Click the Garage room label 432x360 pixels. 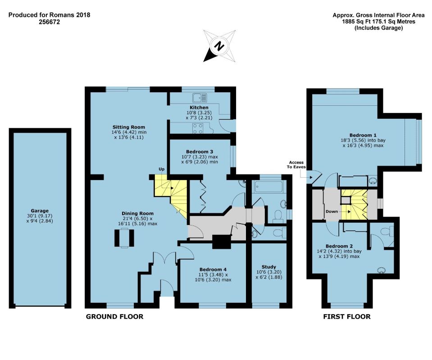tap(40, 211)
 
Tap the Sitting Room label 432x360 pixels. tap(129, 127)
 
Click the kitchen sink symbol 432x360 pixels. tap(200, 98)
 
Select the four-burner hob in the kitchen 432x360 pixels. tap(198, 129)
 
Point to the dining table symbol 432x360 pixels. tap(124, 238)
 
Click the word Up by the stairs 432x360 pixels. tap(161, 169)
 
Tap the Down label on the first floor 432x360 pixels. tap(332, 211)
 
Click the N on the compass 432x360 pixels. tap(219, 46)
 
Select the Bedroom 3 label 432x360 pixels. tap(200, 152)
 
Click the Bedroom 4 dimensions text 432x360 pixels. tap(213, 277)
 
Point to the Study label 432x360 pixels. tap(269, 267)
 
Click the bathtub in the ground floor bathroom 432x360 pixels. tap(268, 187)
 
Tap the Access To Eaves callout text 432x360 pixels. tap(296, 165)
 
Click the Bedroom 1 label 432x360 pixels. tap(363, 135)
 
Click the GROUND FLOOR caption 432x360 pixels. tap(114, 316)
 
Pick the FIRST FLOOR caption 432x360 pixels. tap(346, 316)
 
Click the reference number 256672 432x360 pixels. tap(49, 22)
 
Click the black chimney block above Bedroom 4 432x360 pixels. tap(222, 242)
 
